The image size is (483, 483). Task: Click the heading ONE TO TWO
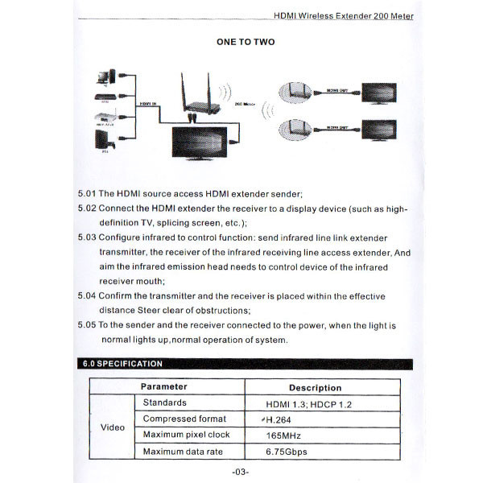tap(246, 42)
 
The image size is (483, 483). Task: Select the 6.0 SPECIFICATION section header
tap(122, 364)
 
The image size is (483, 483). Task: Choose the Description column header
tap(320, 387)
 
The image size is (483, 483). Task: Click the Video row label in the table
tap(112, 427)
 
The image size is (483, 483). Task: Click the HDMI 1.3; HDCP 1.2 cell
tap(308, 403)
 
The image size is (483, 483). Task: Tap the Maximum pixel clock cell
tap(186, 435)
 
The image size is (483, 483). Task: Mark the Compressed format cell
tap(184, 419)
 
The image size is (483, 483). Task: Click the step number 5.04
tap(86, 295)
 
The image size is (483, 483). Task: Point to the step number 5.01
tap(86, 194)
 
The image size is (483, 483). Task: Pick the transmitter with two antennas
tap(193, 101)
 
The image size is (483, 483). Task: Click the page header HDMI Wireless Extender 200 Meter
tap(345, 15)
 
